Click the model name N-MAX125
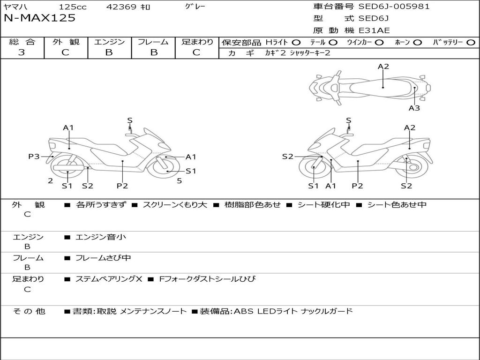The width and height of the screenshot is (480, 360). pos(39,18)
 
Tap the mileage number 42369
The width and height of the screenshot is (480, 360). pos(121,7)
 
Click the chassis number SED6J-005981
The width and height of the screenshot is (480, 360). pos(394,7)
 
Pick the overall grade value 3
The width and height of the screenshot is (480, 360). pos(22,52)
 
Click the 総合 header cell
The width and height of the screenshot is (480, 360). pos(22,42)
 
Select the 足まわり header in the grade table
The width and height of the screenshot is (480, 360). pos(197,42)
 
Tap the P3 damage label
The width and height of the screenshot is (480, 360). pos(34,157)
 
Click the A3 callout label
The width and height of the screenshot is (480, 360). pos(414,108)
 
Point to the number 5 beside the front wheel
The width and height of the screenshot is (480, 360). pos(179,180)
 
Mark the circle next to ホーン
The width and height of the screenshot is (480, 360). pos(418,43)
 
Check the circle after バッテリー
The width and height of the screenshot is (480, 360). pos(471,43)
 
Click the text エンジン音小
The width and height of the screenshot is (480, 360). pos(100,237)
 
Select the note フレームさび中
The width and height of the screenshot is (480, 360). pos(103,258)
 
